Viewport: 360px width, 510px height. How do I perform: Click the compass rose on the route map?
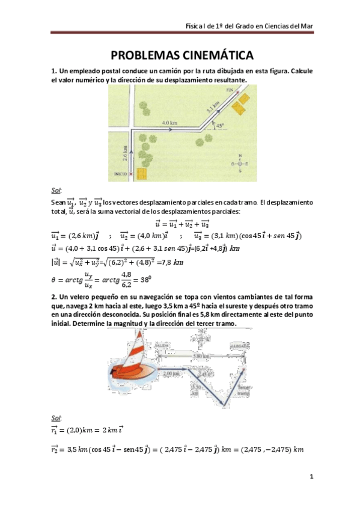[x=239, y=163]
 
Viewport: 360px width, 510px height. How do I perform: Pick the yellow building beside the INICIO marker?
[x=141, y=174]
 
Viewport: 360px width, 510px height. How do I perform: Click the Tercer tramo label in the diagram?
[x=243, y=390]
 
